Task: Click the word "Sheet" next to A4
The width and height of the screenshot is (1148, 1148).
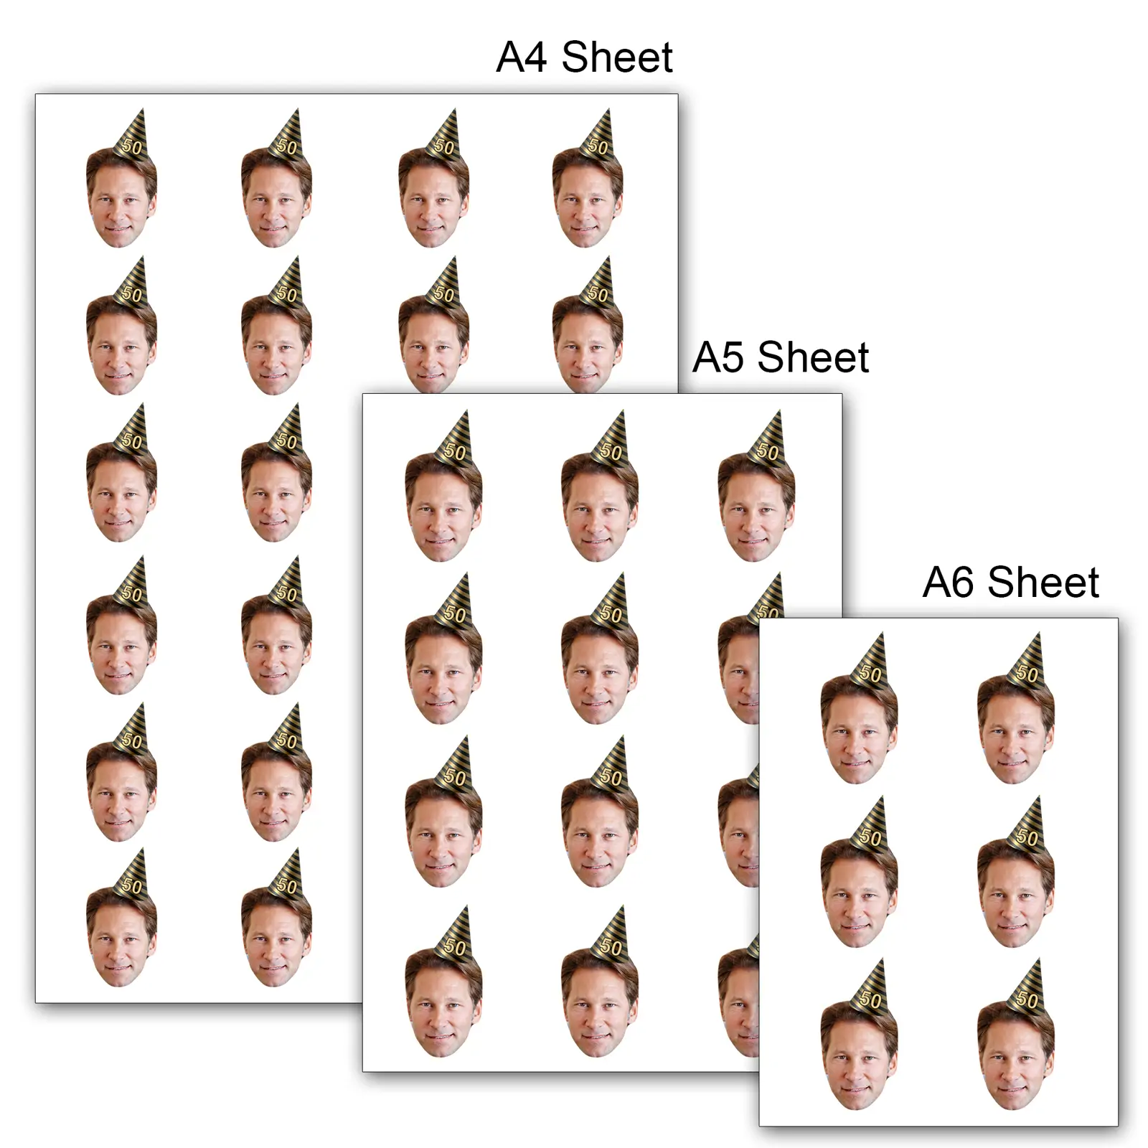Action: [x=617, y=57]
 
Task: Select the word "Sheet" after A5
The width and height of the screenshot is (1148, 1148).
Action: [x=813, y=357]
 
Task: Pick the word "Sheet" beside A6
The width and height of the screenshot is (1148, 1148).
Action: [x=1043, y=582]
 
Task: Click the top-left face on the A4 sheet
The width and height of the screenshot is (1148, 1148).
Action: [x=121, y=197]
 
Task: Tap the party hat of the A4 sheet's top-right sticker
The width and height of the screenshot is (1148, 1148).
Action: [x=596, y=136]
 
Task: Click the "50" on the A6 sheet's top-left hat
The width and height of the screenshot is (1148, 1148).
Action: [x=871, y=674]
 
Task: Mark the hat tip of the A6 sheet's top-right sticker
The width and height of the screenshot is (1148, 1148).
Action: [x=1038, y=633]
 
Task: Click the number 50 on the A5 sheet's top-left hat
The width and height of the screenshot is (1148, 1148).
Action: [x=455, y=452]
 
